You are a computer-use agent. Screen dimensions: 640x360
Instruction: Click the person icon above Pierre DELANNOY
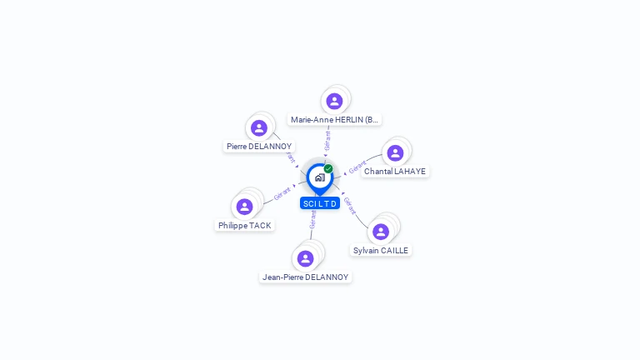click(x=259, y=128)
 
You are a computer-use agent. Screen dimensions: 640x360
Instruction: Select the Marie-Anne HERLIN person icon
click(x=334, y=101)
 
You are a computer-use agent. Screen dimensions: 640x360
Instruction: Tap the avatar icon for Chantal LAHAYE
click(x=395, y=152)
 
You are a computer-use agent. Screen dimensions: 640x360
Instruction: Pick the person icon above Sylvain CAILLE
click(x=381, y=232)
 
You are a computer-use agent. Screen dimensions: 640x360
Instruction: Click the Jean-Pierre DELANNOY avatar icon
click(x=305, y=258)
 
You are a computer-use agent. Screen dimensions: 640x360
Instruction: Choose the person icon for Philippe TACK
click(x=244, y=207)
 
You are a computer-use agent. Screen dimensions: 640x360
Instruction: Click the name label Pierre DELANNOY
click(x=259, y=147)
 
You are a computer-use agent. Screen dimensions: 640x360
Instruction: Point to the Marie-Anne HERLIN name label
click(x=334, y=119)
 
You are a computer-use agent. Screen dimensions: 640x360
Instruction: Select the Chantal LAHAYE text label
click(x=395, y=171)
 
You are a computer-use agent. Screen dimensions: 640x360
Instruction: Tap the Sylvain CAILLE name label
click(x=381, y=250)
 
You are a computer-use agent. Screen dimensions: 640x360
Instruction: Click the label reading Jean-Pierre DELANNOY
click(x=305, y=277)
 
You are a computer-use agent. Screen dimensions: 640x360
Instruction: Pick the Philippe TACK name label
click(x=244, y=225)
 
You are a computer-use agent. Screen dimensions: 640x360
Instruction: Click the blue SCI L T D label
click(x=320, y=203)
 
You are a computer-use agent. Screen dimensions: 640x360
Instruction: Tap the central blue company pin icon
click(x=319, y=177)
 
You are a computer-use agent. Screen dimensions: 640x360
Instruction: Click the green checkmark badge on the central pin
click(x=328, y=168)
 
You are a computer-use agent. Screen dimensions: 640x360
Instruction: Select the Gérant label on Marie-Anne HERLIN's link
click(x=327, y=140)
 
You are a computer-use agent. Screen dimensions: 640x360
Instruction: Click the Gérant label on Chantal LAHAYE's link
click(x=357, y=167)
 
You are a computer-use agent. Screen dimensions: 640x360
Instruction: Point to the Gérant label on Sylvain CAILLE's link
click(x=350, y=204)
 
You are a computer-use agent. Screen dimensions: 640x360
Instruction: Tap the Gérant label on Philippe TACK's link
click(x=282, y=193)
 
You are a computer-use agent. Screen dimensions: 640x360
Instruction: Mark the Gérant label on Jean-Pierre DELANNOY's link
click(x=313, y=219)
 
